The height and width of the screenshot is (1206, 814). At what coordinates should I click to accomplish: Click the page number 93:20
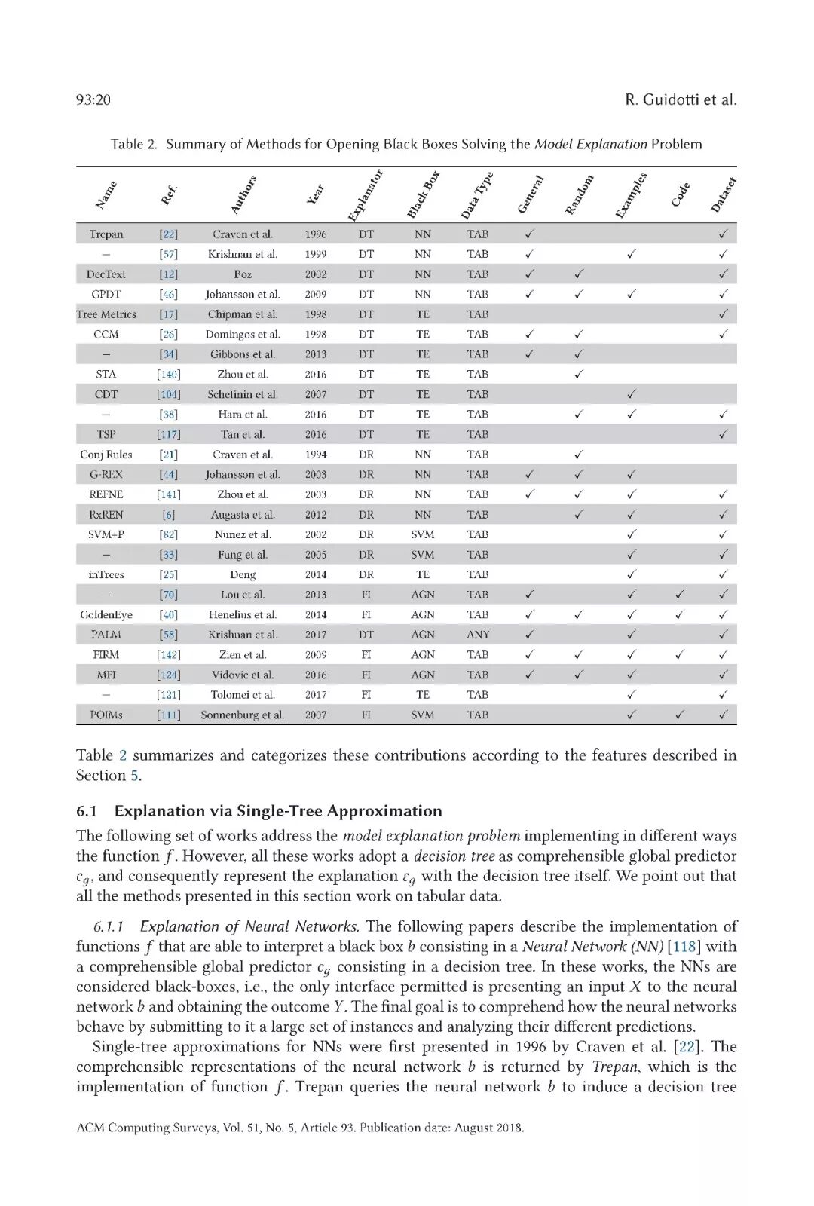[x=93, y=99]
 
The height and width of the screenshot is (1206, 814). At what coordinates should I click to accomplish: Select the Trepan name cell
[x=106, y=234]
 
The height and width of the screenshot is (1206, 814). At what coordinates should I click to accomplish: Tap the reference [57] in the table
[x=168, y=254]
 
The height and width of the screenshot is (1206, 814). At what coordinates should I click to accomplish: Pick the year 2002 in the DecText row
[x=316, y=274]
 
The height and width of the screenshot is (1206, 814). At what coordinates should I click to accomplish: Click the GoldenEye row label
[x=106, y=614]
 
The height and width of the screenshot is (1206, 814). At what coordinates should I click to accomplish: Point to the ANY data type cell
[x=478, y=635]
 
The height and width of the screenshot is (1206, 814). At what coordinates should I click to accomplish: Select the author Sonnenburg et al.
[x=243, y=715]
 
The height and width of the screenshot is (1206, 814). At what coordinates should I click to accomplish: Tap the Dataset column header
[x=724, y=195]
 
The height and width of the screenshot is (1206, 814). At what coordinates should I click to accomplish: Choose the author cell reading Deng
[x=243, y=574]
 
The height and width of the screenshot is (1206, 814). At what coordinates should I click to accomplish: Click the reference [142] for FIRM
[x=168, y=655]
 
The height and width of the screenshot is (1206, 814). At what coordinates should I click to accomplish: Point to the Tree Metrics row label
[x=106, y=314]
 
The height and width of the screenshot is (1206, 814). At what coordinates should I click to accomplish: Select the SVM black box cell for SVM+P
[x=423, y=534]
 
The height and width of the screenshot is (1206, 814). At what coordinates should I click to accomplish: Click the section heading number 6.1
[x=87, y=811]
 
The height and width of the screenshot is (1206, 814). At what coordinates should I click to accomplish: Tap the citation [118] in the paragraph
[x=684, y=947]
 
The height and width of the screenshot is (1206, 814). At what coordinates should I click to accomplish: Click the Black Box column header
[x=424, y=195]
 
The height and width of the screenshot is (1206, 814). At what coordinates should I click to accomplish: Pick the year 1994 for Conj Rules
[x=316, y=455]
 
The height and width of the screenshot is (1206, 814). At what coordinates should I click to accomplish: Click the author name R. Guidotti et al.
[x=681, y=99]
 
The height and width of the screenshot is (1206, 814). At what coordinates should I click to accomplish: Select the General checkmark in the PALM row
[x=530, y=635]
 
